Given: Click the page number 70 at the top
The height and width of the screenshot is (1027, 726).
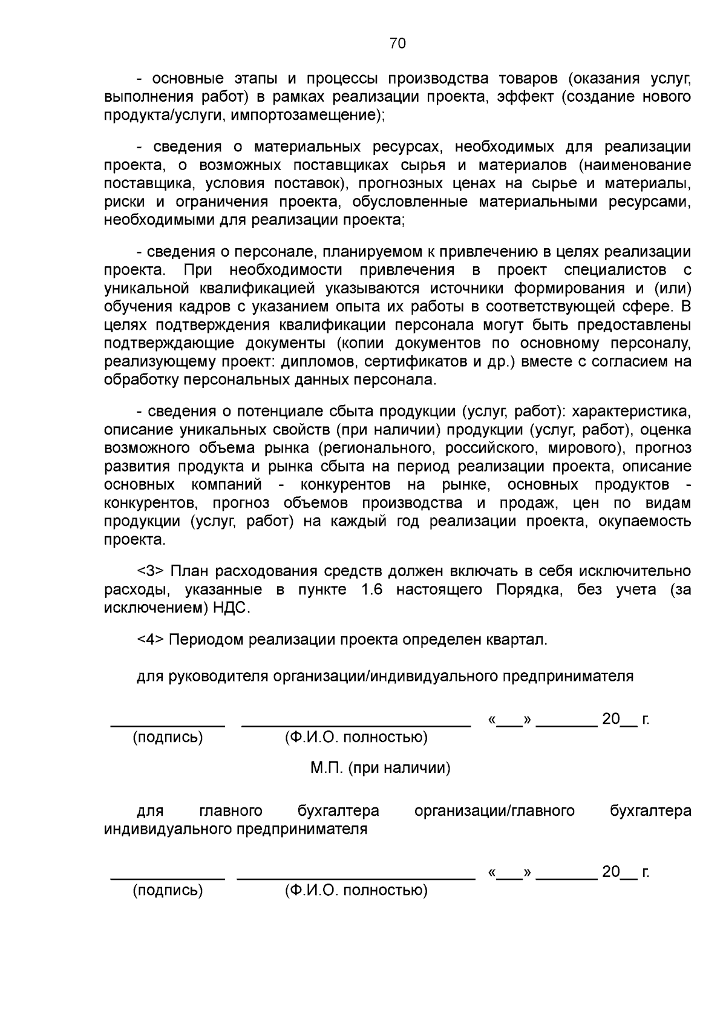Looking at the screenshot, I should click(x=397, y=44).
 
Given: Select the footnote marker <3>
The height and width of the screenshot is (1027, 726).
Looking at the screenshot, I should click(x=151, y=571).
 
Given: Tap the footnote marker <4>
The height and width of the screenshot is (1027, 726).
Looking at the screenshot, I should click(x=151, y=640).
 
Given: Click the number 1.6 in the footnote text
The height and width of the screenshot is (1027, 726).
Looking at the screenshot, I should click(x=371, y=589).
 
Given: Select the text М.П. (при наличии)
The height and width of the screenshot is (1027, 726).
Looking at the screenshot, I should click(x=380, y=768).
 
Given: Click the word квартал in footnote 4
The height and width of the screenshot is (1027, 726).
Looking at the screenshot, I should click(x=519, y=640).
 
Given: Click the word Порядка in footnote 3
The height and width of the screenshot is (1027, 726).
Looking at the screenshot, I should click(x=529, y=589).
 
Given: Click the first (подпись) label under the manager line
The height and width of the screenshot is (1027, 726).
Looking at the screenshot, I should click(x=168, y=737).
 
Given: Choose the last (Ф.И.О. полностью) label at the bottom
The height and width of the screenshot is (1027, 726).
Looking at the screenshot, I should click(x=356, y=890).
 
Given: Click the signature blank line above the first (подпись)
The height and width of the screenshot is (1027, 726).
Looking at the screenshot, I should click(x=168, y=724).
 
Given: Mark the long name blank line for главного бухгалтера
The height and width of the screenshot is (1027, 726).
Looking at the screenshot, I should click(x=356, y=877).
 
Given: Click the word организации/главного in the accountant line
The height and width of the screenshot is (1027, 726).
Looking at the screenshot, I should click(x=494, y=811).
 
